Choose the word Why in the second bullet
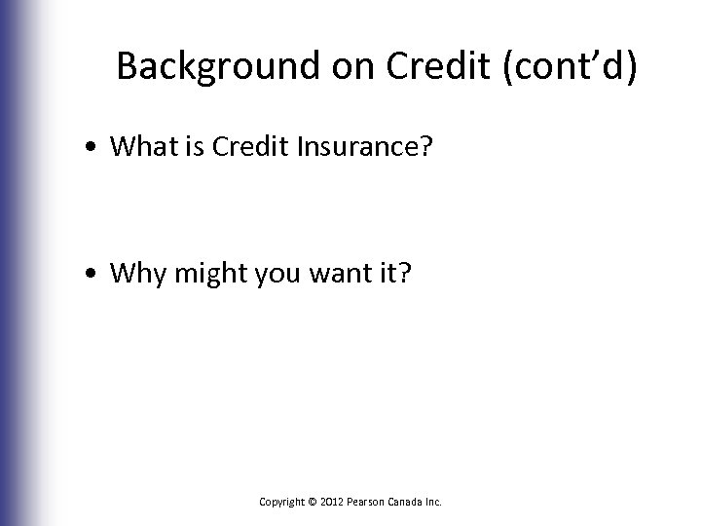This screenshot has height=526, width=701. (134, 275)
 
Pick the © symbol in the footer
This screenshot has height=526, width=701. (312, 502)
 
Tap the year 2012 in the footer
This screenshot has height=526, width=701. (331, 502)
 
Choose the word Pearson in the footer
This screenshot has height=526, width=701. (367, 502)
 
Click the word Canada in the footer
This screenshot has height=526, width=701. (409, 502)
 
